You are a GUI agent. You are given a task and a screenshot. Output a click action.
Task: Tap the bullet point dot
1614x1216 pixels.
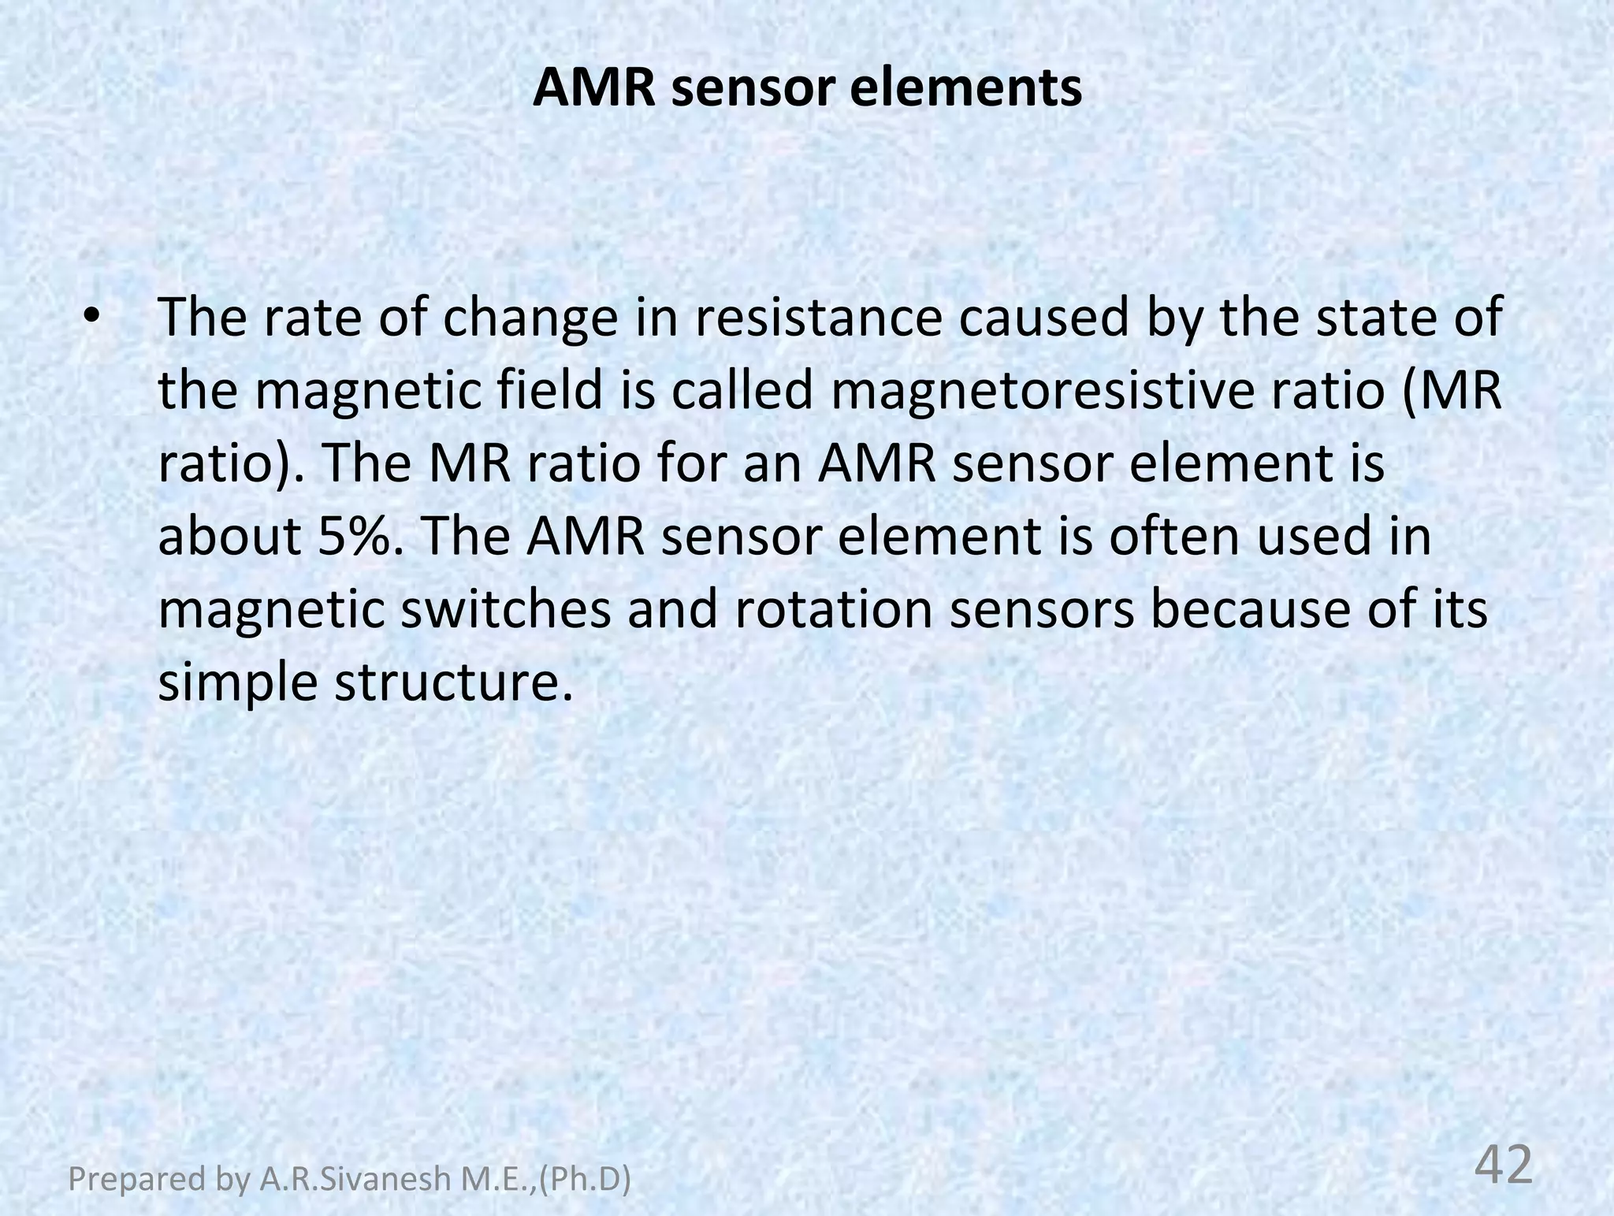92,317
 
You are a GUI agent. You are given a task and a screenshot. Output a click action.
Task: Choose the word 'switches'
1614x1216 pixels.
505,609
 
